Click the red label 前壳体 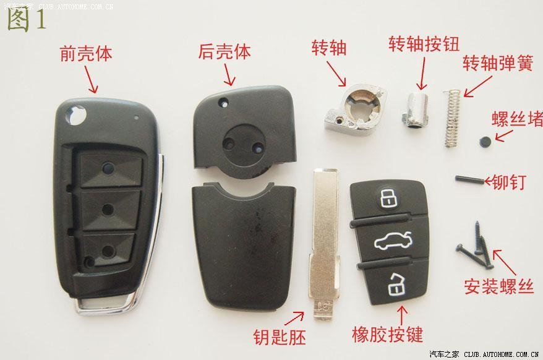[x=86, y=54]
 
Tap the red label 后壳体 [x=224, y=52]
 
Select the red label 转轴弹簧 [x=498, y=63]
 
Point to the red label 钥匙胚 [x=280, y=336]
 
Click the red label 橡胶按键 [x=388, y=335]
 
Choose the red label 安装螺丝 [x=499, y=286]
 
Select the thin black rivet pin [x=469, y=180]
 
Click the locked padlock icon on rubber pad [x=389, y=198]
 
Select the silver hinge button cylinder [x=416, y=109]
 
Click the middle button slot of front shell [x=108, y=209]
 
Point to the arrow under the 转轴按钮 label [x=422, y=74]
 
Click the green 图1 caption [x=27, y=19]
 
